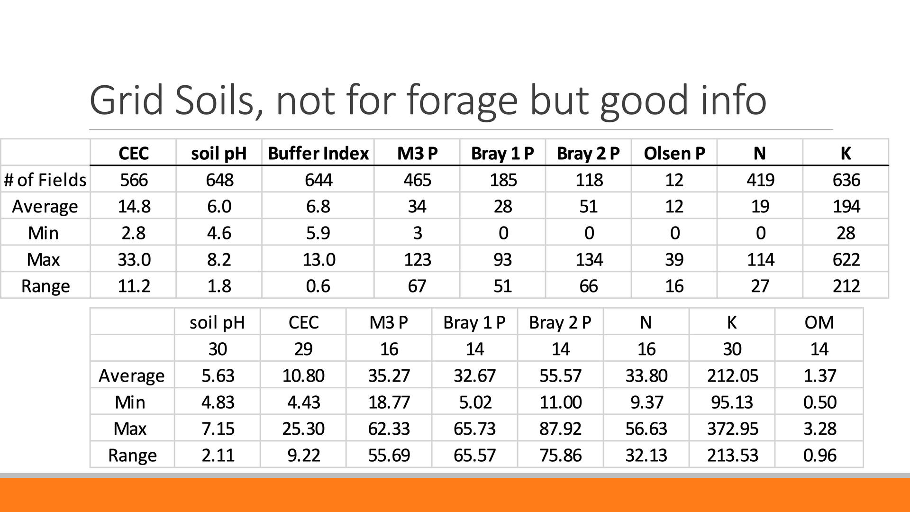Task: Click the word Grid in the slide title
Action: click(x=127, y=101)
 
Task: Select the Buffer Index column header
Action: click(x=318, y=154)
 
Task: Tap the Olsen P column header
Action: click(x=674, y=154)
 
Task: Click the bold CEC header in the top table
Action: click(x=134, y=154)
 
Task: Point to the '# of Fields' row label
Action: click(x=45, y=180)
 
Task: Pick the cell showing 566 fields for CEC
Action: click(x=134, y=180)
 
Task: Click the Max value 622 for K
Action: click(x=846, y=260)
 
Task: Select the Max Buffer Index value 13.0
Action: click(x=318, y=260)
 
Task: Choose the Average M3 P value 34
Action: click(x=417, y=207)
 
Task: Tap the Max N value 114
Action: click(x=760, y=260)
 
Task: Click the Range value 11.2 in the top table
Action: click(x=134, y=286)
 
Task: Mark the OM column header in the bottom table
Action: click(x=819, y=322)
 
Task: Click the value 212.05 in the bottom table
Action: click(x=732, y=376)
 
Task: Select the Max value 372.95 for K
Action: click(x=732, y=429)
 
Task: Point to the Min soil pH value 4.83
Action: click(x=218, y=402)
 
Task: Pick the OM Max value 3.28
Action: click(x=819, y=429)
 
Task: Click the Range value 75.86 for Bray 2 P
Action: click(x=560, y=456)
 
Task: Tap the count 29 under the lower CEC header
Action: click(x=303, y=349)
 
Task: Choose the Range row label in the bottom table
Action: click(x=132, y=456)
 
